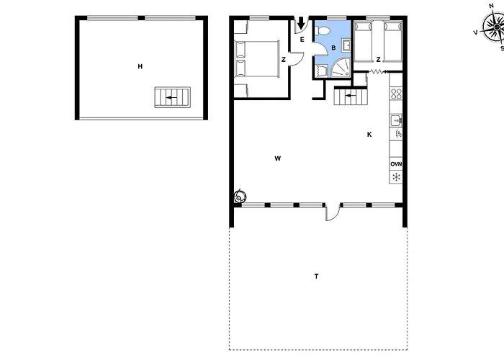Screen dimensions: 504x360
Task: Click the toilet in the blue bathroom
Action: tap(323, 30)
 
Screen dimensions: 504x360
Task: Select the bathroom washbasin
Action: tap(346, 45)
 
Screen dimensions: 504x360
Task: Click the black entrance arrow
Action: tap(301, 23)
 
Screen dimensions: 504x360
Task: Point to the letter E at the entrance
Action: tap(302, 40)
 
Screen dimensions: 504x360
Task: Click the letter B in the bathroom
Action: tap(333, 48)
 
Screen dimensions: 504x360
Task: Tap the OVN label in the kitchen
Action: tap(396, 164)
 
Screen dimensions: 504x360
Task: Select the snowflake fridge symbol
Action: tap(396, 177)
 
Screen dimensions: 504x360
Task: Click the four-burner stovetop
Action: tap(396, 94)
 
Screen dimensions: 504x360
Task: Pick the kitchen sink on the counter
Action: tap(396, 121)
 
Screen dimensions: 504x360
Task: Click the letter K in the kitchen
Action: tap(369, 135)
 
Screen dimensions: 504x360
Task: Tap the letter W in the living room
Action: tap(278, 158)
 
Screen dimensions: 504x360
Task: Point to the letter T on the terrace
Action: tap(316, 276)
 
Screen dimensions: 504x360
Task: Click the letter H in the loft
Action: tap(140, 66)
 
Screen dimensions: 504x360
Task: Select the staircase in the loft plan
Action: tap(173, 97)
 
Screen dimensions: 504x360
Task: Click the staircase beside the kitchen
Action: tap(351, 96)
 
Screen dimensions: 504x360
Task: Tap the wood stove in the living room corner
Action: tap(240, 196)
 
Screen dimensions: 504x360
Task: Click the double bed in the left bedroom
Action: tap(257, 58)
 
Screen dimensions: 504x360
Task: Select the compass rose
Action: tap(493, 27)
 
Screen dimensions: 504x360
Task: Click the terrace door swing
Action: tap(333, 212)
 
